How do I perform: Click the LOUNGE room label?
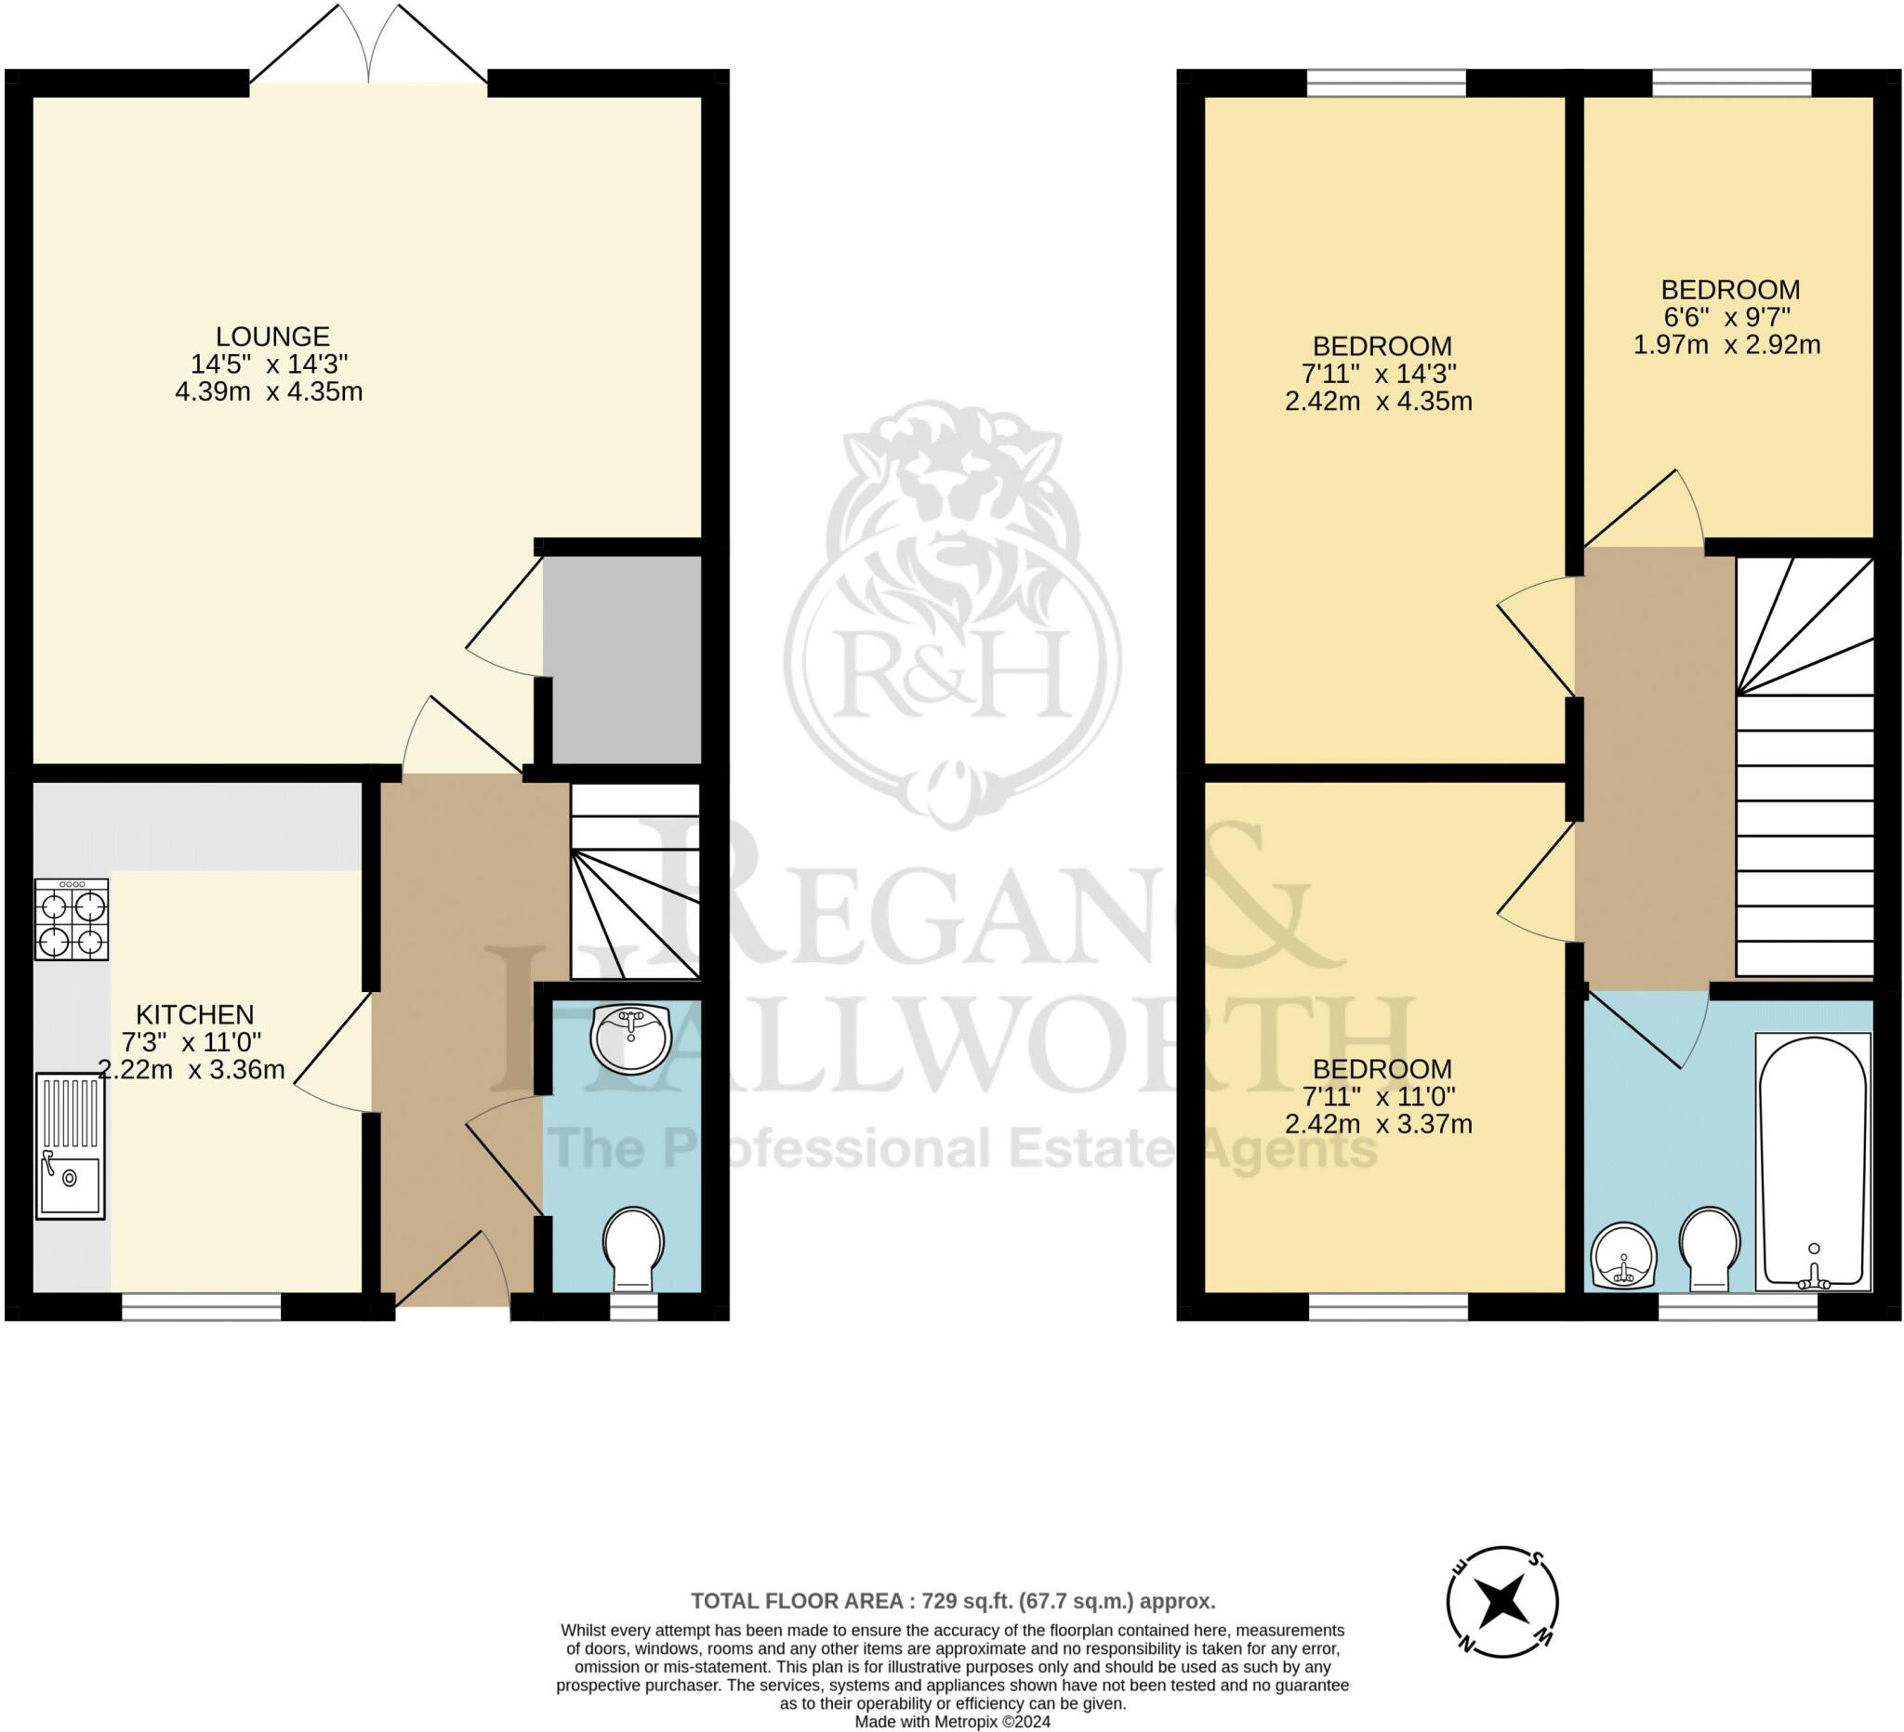click(272, 337)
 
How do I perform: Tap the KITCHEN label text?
click(194, 1014)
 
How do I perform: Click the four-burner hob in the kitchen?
click(72, 919)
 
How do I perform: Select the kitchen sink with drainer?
click(71, 1145)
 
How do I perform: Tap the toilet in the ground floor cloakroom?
click(633, 1246)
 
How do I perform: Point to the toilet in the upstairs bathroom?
click(1710, 1246)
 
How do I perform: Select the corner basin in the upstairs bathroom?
click(1623, 1255)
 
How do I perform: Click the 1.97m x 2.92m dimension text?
click(1727, 345)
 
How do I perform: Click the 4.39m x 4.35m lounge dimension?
click(270, 391)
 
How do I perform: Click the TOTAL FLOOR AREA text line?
click(952, 1601)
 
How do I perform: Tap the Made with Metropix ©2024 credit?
click(952, 1722)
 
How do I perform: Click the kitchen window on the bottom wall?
click(201, 1307)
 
